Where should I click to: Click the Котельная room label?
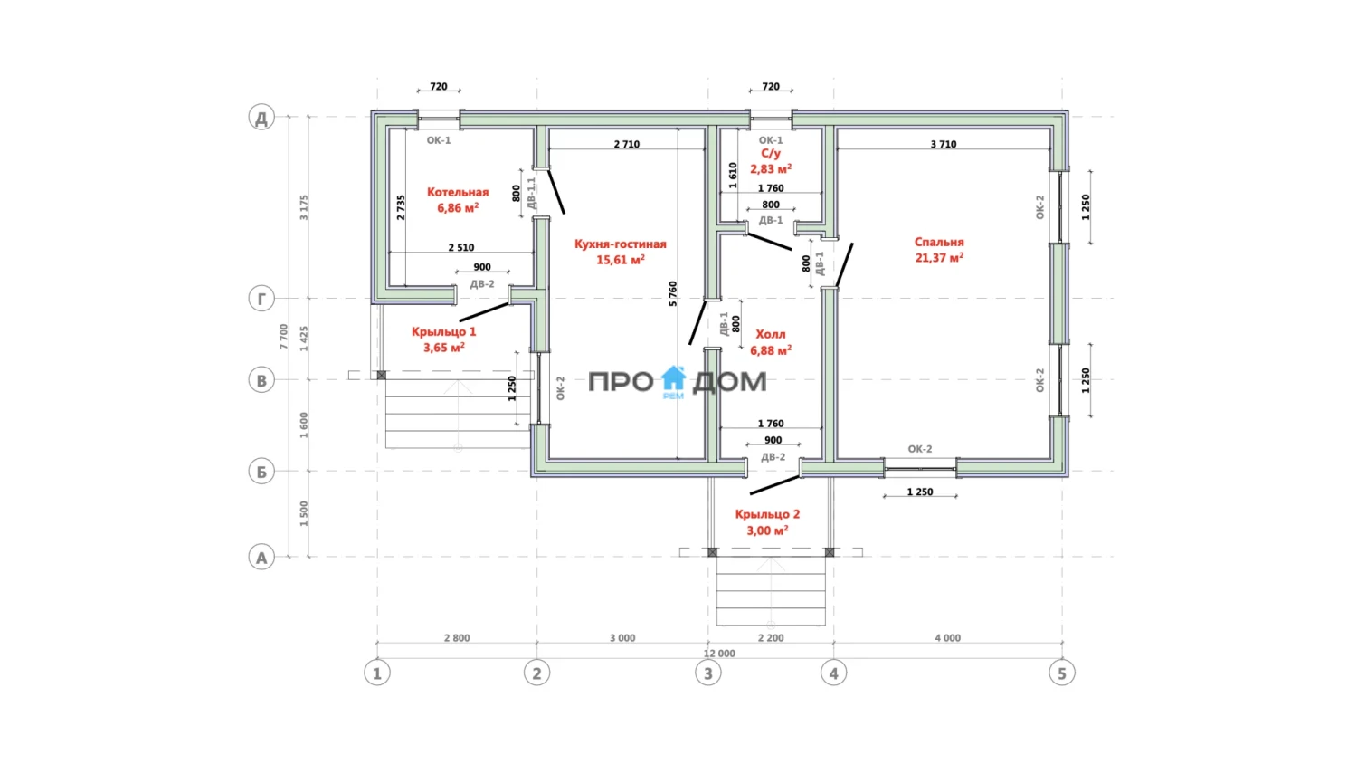pyautogui.click(x=458, y=192)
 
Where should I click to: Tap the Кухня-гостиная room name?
pyautogui.click(x=621, y=244)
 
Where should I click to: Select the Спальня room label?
pyautogui.click(x=939, y=242)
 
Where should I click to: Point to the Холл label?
pyautogui.click(x=771, y=334)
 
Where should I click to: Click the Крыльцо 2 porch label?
pyautogui.click(x=767, y=514)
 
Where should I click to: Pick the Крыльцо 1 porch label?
pyautogui.click(x=443, y=331)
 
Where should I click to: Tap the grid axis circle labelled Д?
pyautogui.click(x=261, y=117)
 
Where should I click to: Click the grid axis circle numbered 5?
pyautogui.click(x=1062, y=673)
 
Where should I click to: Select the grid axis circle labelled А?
pyautogui.click(x=261, y=558)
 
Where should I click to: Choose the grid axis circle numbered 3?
pyautogui.click(x=708, y=673)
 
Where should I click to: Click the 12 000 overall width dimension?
pyautogui.click(x=719, y=654)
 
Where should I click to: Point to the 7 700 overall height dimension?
pyautogui.click(x=283, y=337)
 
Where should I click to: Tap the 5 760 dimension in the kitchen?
pyautogui.click(x=673, y=293)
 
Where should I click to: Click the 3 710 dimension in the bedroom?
pyautogui.click(x=944, y=144)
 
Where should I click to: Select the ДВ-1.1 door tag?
pyautogui.click(x=532, y=194)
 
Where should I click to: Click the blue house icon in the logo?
pyautogui.click(x=673, y=378)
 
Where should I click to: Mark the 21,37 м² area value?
pyautogui.click(x=939, y=258)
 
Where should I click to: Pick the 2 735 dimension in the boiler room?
pyautogui.click(x=401, y=207)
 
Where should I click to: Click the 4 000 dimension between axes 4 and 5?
pyautogui.click(x=947, y=638)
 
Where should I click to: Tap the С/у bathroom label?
pyautogui.click(x=771, y=153)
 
